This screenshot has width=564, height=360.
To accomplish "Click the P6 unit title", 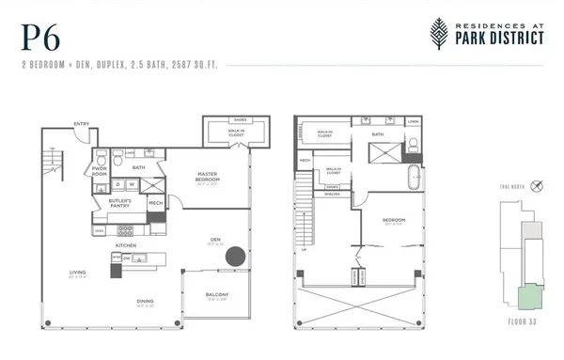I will [x=37, y=38].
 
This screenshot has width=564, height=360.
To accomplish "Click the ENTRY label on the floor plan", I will [x=82, y=122].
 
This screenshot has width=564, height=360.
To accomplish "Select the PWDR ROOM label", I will [x=99, y=172].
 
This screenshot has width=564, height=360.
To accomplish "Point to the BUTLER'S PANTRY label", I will [x=120, y=202].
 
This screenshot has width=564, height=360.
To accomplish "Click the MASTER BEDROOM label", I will [x=208, y=176].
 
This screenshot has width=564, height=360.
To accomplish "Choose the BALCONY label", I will [x=218, y=296].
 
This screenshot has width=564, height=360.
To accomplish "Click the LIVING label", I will [x=77, y=274].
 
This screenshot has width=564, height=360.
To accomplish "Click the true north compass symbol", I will [x=536, y=185].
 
